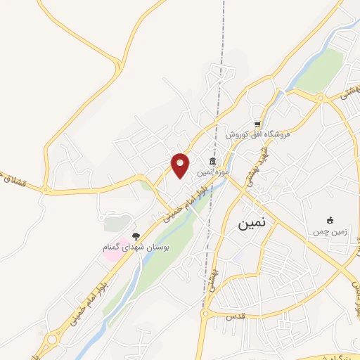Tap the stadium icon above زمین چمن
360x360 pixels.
329,220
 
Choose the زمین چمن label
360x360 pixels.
329,231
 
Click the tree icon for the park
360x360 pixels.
136,236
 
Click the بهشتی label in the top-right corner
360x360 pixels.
349,90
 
